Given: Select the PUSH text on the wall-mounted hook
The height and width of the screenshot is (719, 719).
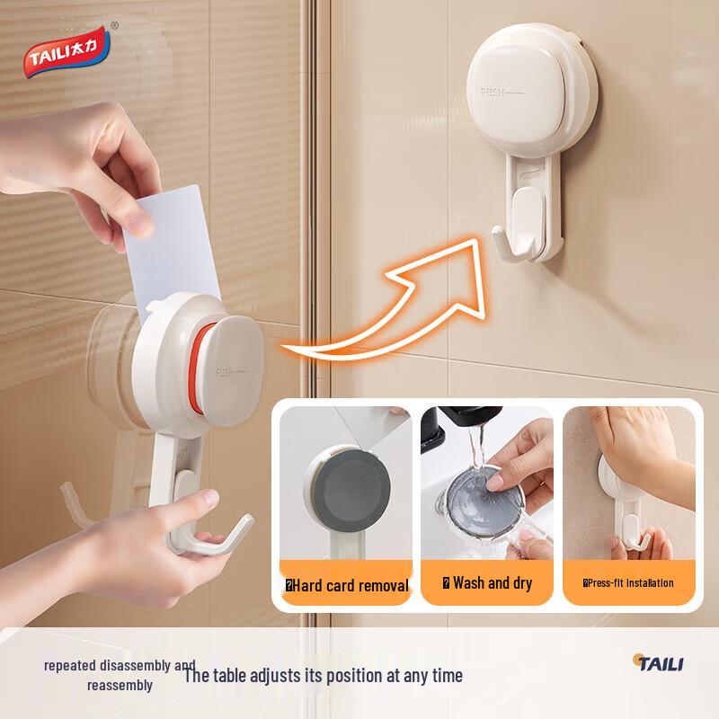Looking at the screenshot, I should pos(494,92).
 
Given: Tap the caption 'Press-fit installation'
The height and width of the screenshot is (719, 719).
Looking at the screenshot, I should pos(630,583).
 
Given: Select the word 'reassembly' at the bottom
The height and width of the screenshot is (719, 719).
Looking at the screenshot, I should pos(120,685).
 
